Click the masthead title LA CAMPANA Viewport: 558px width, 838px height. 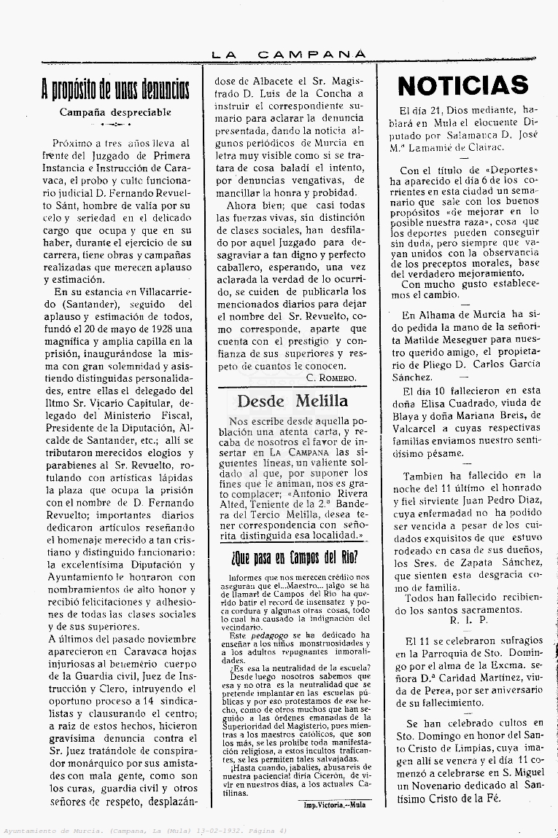coord(288,54)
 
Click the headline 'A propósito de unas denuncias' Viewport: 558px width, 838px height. coord(115,90)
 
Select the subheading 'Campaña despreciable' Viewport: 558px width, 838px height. coord(115,112)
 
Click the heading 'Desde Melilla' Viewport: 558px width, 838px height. coord(292,401)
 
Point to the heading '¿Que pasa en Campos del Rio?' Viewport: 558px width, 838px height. coord(294,559)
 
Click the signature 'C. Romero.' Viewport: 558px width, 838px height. coord(331,377)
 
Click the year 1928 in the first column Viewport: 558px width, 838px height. coord(163,328)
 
